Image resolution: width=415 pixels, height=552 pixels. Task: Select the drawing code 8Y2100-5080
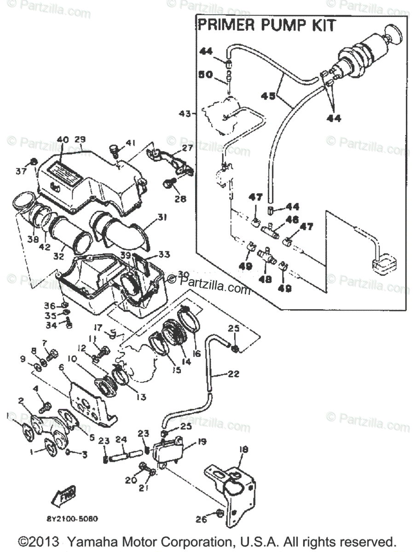72,518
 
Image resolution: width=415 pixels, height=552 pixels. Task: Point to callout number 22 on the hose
233,374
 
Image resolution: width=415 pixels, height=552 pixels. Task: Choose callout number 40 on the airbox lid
63,140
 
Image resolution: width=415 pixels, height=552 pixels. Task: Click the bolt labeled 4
46,406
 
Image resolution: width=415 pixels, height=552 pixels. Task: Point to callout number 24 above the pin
121,439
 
